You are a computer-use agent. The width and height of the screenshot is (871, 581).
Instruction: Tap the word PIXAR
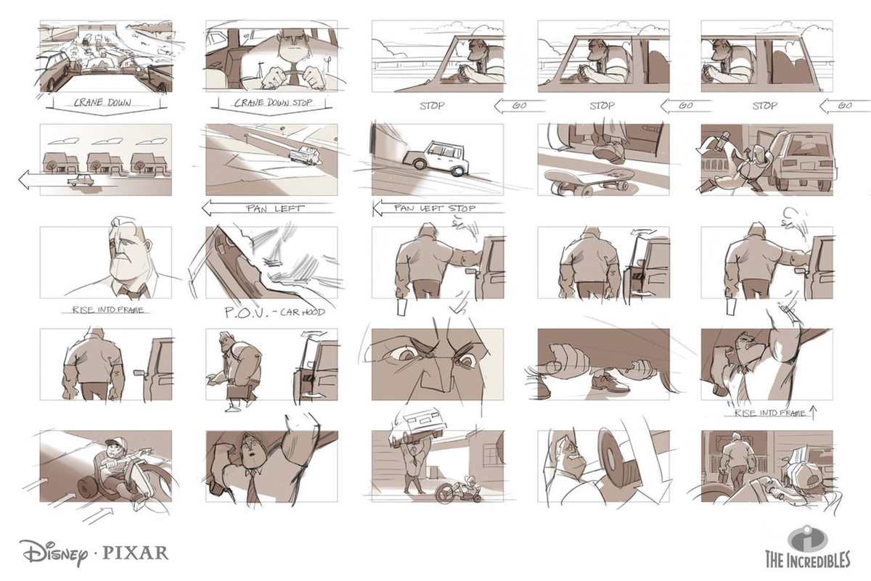click(135, 553)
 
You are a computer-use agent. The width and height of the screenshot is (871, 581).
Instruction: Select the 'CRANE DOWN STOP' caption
click(273, 102)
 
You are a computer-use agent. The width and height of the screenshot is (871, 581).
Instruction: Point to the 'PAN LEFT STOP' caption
click(435, 208)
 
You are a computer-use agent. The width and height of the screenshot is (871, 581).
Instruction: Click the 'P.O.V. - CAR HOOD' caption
click(275, 312)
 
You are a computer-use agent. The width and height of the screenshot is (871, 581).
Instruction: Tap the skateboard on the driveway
click(587, 182)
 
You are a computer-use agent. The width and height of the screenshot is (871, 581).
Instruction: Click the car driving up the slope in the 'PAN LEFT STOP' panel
click(435, 158)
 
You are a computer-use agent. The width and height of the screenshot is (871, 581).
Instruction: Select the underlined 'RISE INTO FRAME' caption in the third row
click(107, 310)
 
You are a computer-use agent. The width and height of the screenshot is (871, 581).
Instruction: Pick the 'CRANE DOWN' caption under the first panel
click(102, 102)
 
